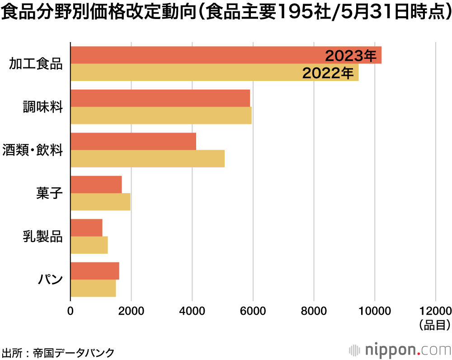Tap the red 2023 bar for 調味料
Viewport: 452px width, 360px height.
click(160, 98)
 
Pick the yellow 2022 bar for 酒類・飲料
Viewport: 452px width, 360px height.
click(147, 159)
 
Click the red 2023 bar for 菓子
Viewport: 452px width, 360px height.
click(96, 184)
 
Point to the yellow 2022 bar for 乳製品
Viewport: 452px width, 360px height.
click(89, 245)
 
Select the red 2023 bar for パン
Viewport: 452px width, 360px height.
click(95, 270)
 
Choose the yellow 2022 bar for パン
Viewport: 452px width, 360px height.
click(93, 288)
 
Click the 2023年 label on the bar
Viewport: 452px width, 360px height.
click(351, 56)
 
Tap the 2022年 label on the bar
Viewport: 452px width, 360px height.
click(328, 73)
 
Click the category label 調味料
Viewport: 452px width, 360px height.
click(43, 107)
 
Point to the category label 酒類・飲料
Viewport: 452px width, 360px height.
click(33, 150)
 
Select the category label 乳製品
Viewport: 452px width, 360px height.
click(43, 236)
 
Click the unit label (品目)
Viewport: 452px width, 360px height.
click(434, 324)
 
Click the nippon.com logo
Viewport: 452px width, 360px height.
click(400, 350)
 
